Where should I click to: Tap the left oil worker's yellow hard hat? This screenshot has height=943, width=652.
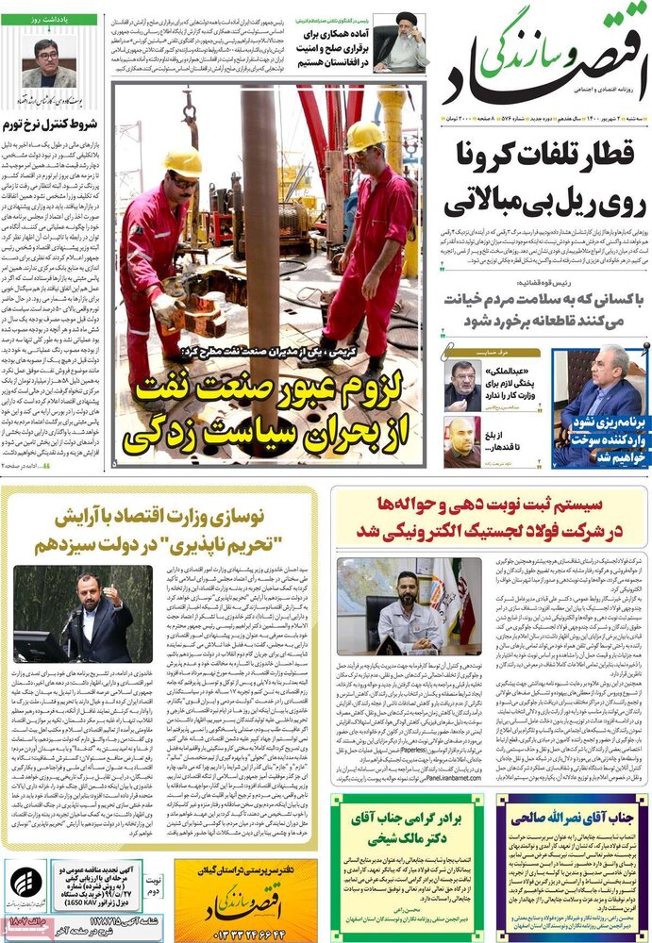(x=182, y=161)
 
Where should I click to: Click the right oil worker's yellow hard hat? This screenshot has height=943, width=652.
(x=363, y=138)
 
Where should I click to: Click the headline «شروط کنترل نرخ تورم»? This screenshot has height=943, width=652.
(x=56, y=124)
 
